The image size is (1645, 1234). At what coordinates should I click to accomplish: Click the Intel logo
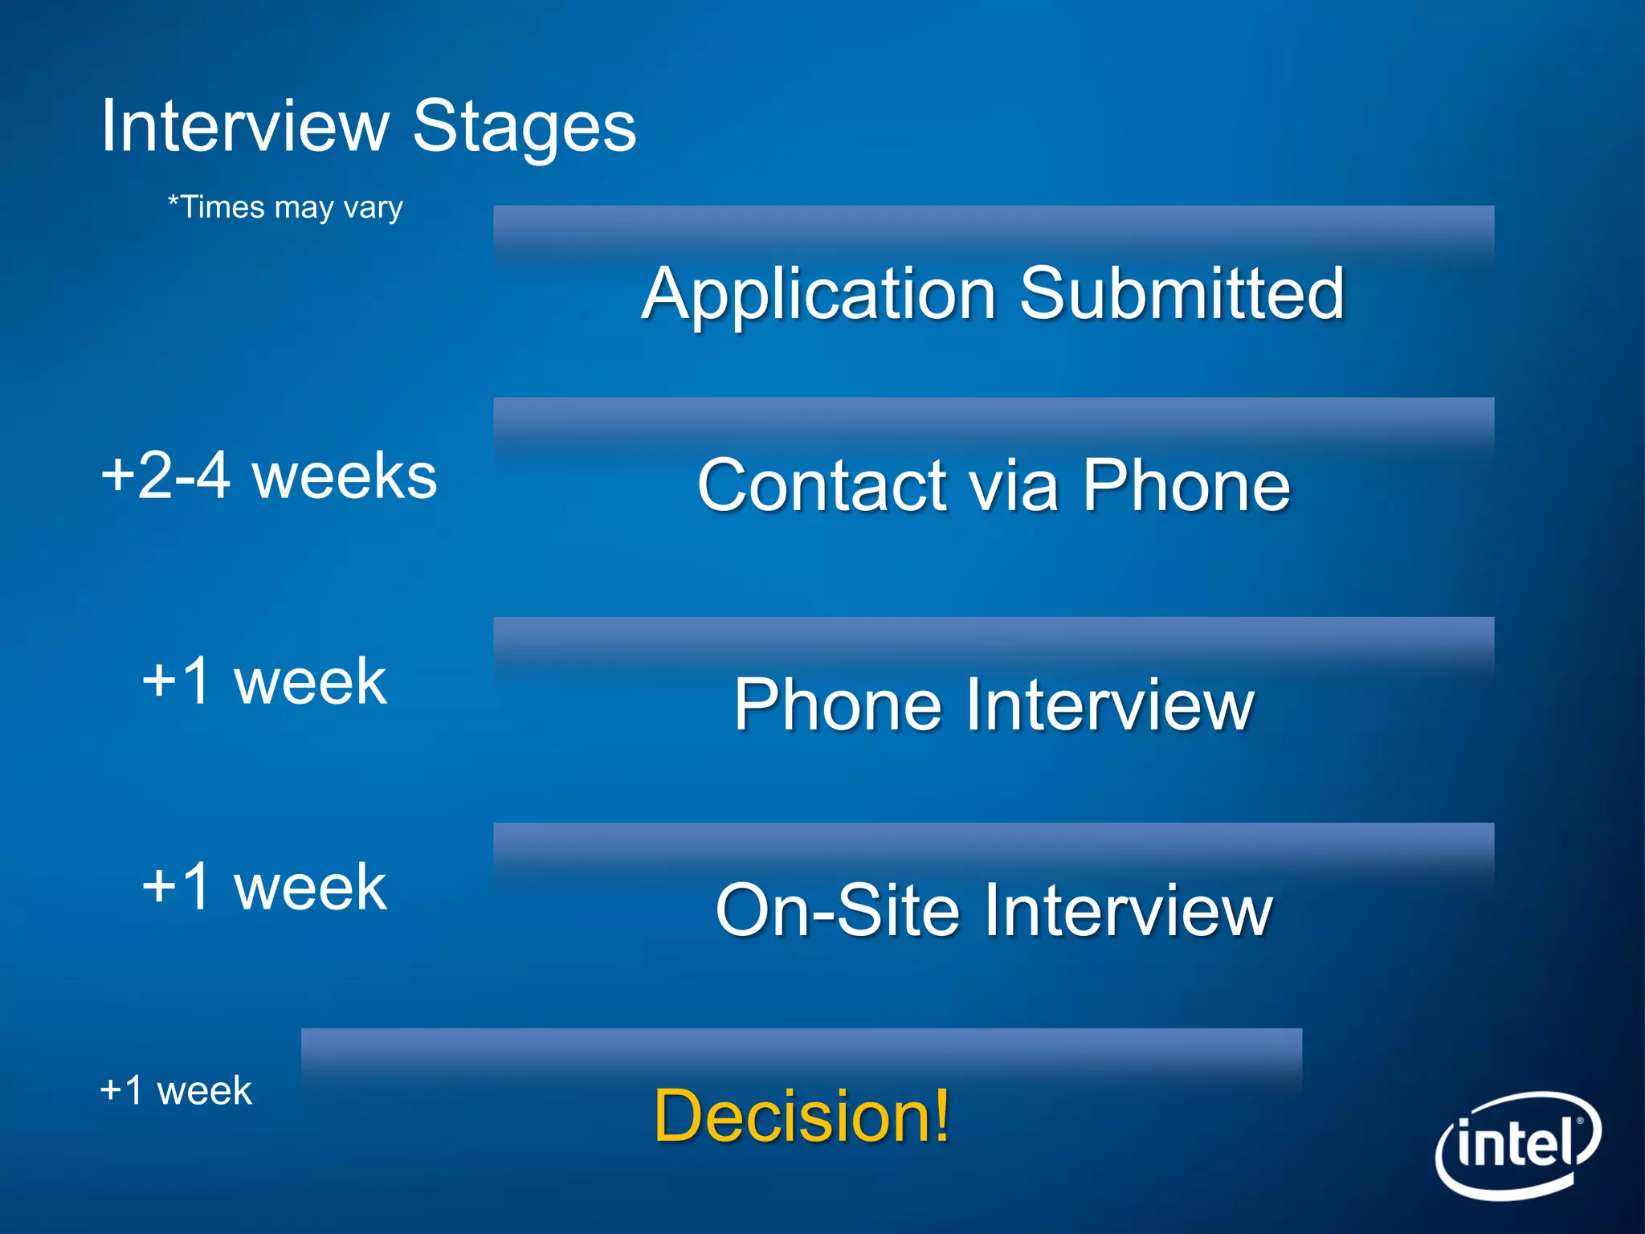coord(1517,1144)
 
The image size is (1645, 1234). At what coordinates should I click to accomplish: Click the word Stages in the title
coord(525,126)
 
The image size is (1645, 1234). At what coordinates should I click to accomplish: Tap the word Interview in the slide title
coord(244,126)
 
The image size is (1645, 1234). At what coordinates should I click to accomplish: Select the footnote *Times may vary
coord(285,207)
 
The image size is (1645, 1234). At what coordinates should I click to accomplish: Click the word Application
coord(818,294)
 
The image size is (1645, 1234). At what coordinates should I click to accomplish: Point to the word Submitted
coord(1182,294)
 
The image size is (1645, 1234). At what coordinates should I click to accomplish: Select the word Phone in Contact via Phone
coord(1186,485)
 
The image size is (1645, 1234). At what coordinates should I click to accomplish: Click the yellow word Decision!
coord(802,1116)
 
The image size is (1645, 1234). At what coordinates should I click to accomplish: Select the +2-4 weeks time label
coord(269,476)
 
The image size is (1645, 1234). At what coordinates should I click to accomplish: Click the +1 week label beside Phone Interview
coord(264,681)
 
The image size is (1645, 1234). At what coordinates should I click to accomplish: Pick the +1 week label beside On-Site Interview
coord(264,887)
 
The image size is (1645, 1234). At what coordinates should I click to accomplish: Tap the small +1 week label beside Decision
coord(176,1091)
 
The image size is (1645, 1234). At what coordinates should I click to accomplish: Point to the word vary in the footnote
coord(373,208)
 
